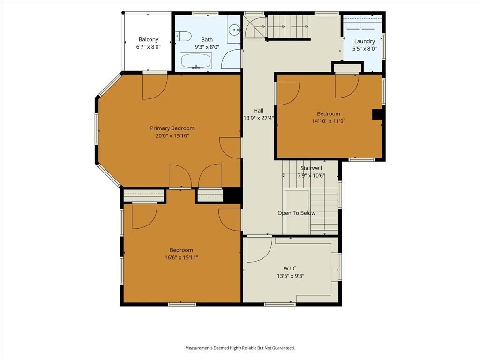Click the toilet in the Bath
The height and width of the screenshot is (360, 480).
183,37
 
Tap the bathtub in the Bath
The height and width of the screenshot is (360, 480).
196,61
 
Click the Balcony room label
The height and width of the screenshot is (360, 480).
149,39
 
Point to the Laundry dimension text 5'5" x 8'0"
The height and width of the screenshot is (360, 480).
365,49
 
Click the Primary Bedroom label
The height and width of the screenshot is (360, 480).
172,128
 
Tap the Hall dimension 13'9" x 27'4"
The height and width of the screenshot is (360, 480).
259,118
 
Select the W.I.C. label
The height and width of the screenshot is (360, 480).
290,269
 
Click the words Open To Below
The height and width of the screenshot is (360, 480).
296,213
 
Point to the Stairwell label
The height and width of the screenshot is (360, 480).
311,168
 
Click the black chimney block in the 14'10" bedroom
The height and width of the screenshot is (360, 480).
377,114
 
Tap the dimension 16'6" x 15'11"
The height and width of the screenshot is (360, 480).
181,257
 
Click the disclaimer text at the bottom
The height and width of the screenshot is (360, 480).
240,348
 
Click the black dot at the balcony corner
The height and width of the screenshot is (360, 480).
123,13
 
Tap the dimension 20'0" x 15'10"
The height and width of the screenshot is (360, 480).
172,135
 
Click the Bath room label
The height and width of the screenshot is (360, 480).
207,39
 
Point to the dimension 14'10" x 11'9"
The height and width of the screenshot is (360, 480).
329,121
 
